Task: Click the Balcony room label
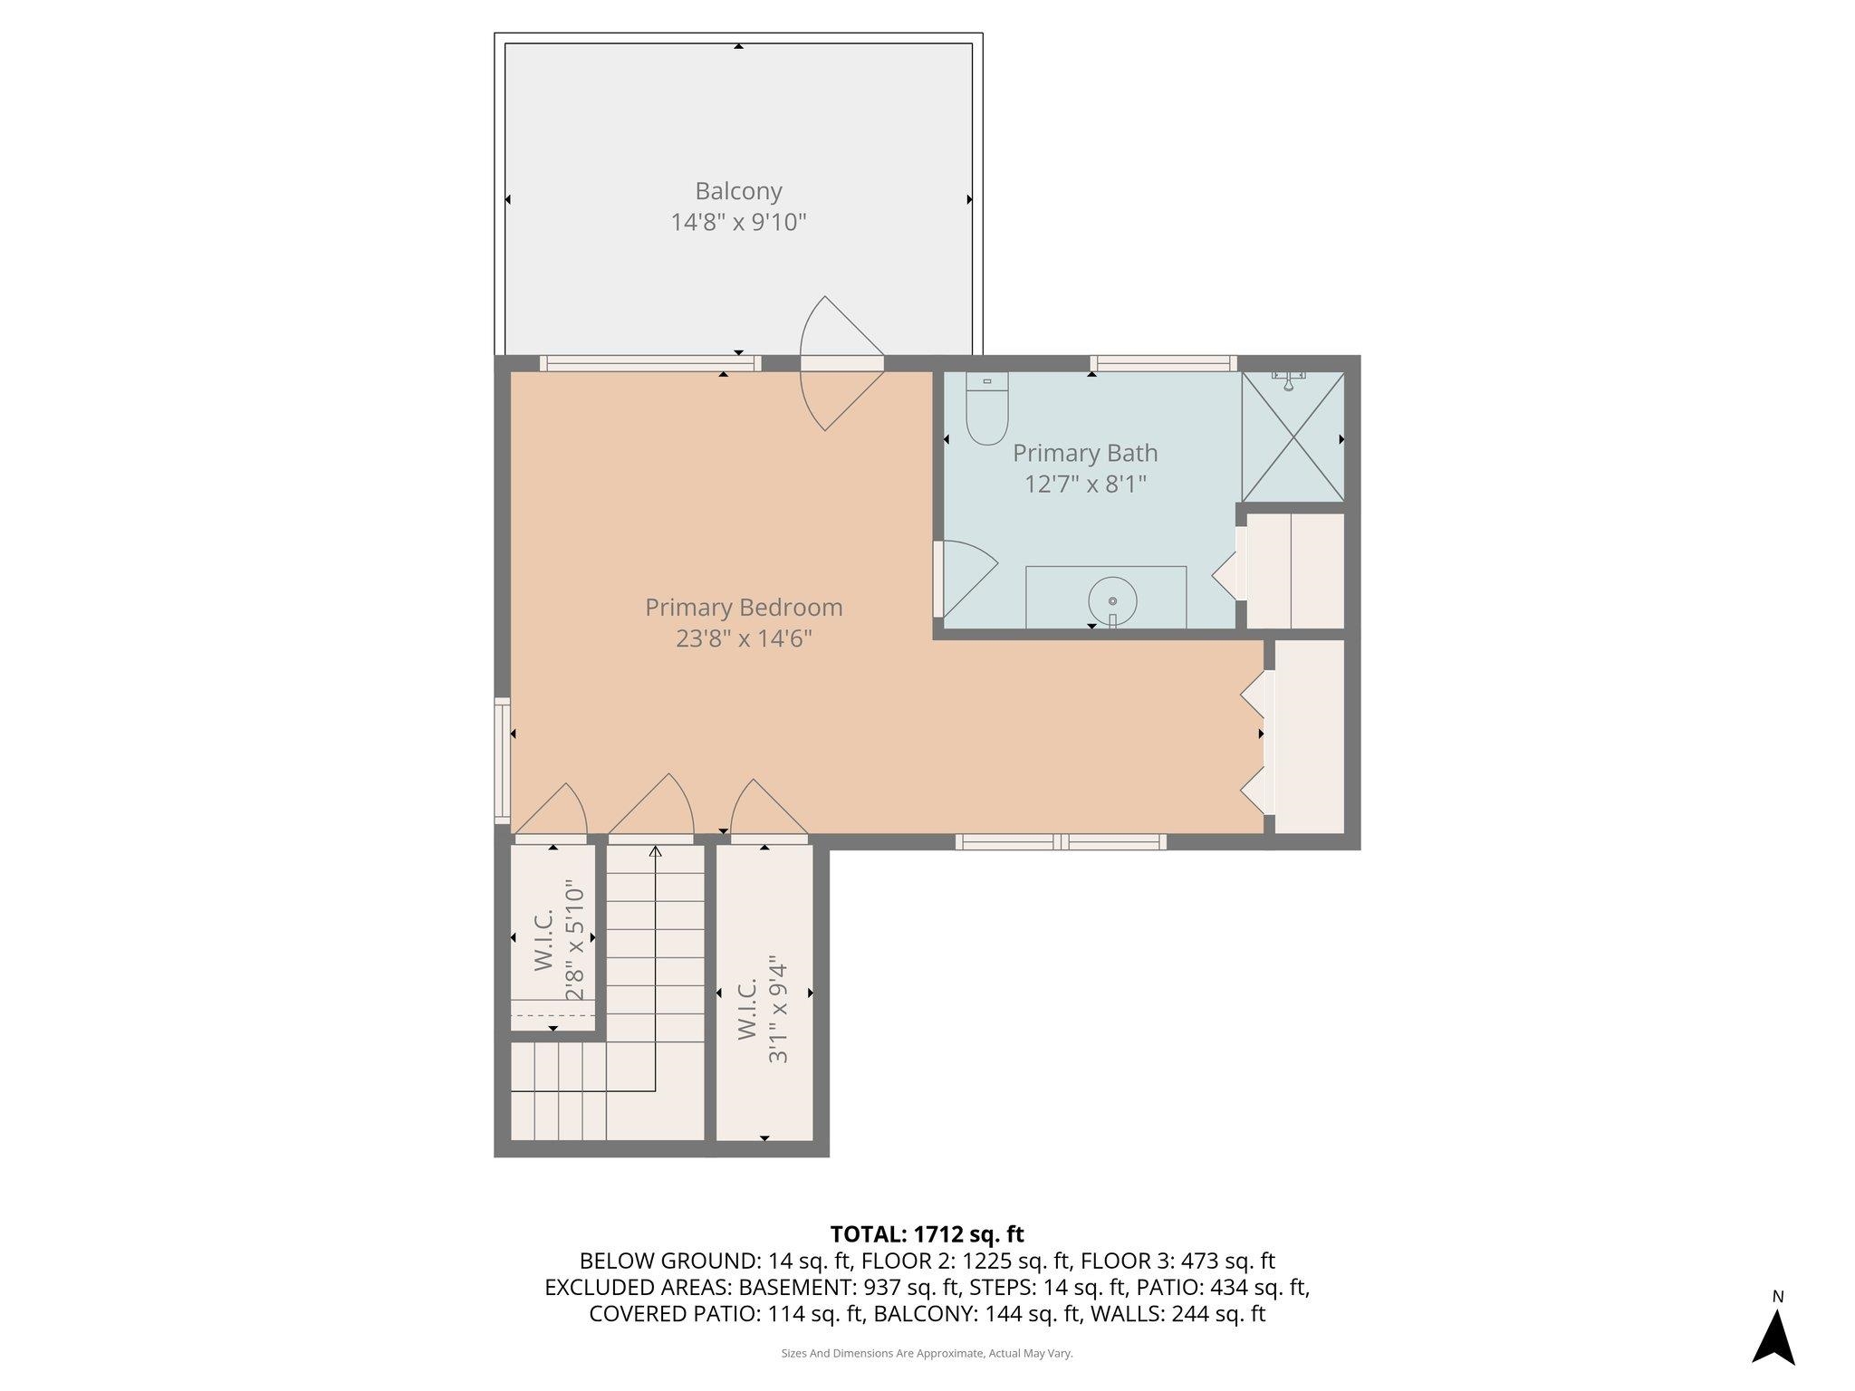tap(738, 191)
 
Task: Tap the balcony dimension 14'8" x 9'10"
tap(738, 222)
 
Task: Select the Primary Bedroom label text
tap(744, 608)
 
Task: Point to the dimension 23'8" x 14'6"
tap(744, 638)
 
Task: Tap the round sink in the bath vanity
tap(1112, 600)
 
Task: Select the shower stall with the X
tap(1293, 436)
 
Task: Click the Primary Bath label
tap(1085, 453)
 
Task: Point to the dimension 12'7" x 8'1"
tap(1085, 484)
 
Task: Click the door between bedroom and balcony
tap(841, 363)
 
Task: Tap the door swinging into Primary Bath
tap(965, 580)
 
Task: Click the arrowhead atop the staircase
tap(655, 851)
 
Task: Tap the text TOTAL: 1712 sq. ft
tap(927, 1233)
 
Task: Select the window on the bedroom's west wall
tap(502, 761)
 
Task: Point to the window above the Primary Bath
tap(1163, 363)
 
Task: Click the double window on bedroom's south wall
tap(1061, 842)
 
